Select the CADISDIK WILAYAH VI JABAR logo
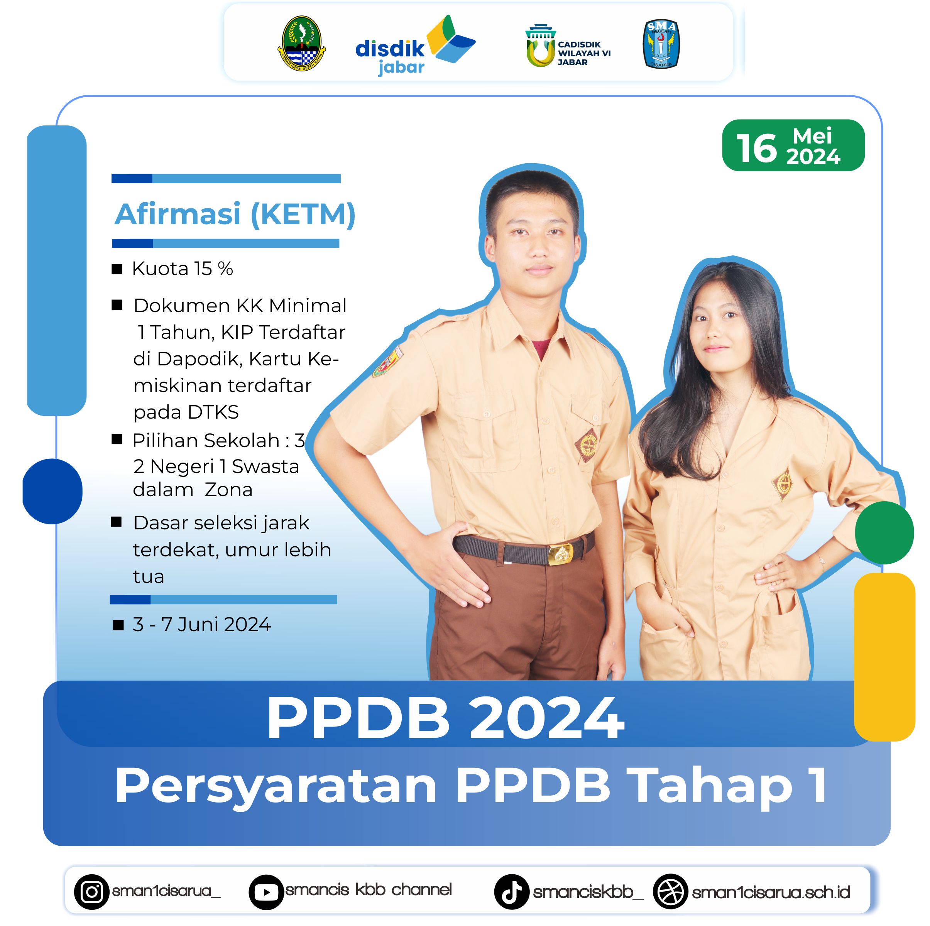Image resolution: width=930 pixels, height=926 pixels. click(x=568, y=46)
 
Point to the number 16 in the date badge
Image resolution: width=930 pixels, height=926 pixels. click(x=757, y=148)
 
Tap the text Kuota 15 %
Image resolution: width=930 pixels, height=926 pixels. click(x=183, y=269)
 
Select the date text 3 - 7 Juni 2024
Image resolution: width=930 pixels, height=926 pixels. click(x=202, y=624)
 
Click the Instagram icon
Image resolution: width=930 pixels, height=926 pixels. click(x=91, y=892)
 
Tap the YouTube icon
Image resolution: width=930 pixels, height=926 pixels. click(x=266, y=892)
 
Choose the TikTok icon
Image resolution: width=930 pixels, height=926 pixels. click(x=512, y=892)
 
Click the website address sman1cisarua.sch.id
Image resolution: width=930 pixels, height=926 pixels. click(x=771, y=893)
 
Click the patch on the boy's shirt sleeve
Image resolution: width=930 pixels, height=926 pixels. click(x=388, y=362)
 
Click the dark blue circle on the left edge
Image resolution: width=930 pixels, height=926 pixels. click(x=52, y=492)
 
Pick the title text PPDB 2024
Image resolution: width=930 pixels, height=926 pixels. click(x=446, y=718)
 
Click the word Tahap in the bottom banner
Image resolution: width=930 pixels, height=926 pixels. click(x=712, y=786)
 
